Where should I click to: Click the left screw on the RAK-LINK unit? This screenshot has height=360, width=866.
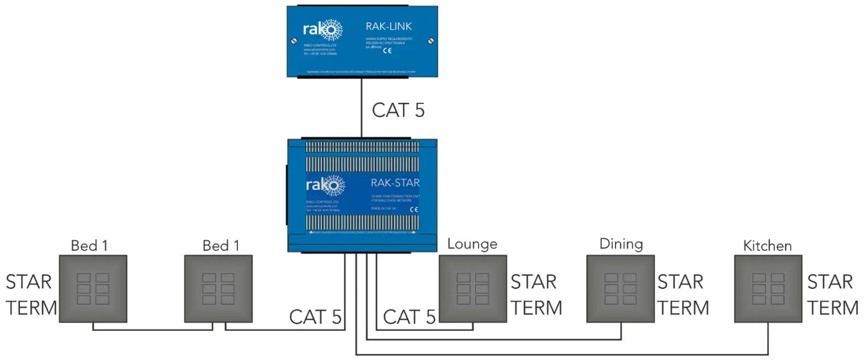tap(294, 41)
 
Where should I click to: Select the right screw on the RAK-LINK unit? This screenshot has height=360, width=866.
tap(430, 41)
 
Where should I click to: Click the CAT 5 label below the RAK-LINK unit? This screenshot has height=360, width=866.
tap(398, 110)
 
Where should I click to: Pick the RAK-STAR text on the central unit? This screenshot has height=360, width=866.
tap(395, 183)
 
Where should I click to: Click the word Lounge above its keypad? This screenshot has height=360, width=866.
tap(472, 244)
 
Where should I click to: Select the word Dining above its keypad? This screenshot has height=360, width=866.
tap(621, 244)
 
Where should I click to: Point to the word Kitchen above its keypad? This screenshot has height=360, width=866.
tap(767, 245)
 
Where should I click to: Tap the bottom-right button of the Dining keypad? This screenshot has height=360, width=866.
tap(629, 300)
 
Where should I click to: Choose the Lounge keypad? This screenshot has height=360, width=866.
tap(473, 288)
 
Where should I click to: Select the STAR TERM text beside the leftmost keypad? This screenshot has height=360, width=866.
tap(31, 295)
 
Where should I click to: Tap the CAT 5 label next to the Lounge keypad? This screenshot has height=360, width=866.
tap(409, 317)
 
